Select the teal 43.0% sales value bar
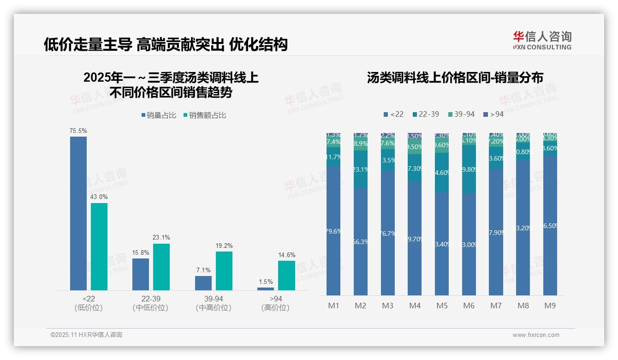99,246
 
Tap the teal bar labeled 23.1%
161,267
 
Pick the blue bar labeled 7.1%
203,283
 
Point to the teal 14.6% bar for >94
286,276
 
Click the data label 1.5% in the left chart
266,282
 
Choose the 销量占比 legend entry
159,115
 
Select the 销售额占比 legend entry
205,115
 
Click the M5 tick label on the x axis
442,306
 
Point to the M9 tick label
550,306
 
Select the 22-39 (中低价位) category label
150,303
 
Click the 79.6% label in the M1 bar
333,231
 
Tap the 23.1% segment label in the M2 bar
361,169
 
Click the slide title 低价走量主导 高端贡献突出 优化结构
166,44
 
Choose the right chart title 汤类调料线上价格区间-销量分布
455,78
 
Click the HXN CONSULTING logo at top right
542,41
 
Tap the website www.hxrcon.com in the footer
535,335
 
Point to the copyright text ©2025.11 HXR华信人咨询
86,335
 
